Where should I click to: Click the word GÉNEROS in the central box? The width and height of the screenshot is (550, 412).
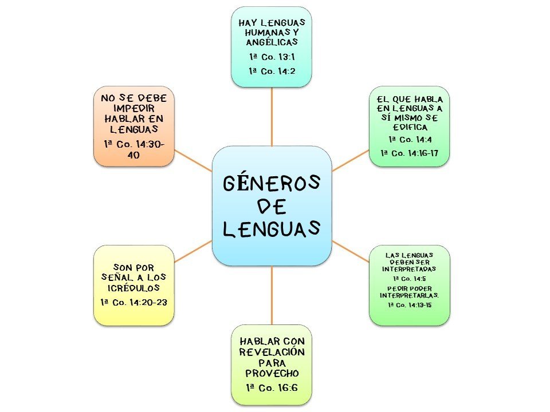tap(272, 184)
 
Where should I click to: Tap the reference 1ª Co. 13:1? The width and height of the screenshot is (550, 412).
tap(272, 57)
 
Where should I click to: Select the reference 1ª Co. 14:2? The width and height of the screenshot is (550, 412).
tap(272, 70)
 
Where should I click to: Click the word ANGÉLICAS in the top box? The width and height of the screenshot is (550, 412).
tap(272, 42)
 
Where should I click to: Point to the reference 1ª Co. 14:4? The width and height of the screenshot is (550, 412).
tap(408, 139)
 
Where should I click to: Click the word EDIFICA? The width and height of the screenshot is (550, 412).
tap(408, 127)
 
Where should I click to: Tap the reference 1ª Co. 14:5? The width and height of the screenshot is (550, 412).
tap(408, 278)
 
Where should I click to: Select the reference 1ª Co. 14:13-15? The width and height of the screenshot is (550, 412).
tap(409, 306)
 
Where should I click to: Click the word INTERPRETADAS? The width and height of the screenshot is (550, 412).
tap(408, 268)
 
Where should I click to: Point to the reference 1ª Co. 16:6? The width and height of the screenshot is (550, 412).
tap(272, 387)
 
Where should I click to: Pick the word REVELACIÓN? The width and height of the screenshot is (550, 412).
tap(272, 352)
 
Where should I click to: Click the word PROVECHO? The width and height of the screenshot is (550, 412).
tap(272, 373)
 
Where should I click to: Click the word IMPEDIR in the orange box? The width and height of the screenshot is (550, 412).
tap(133, 108)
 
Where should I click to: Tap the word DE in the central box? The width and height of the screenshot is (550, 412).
tap(272, 206)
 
